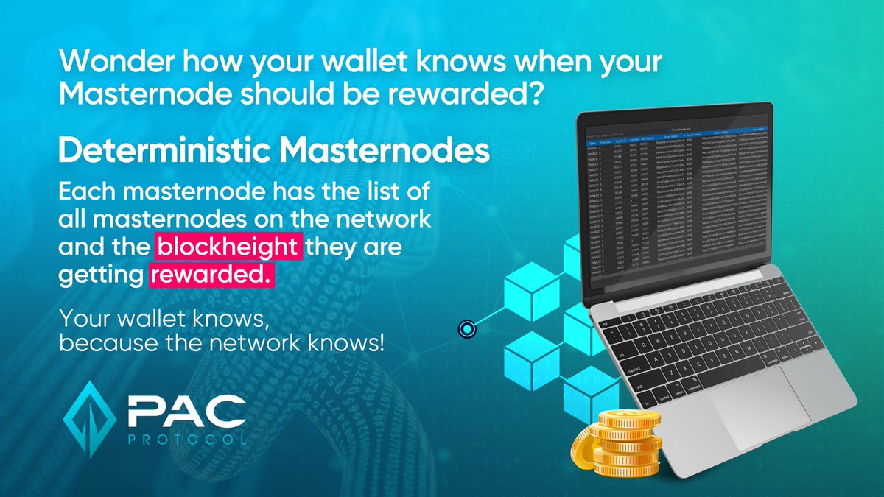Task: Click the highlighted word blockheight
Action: pos(229,248)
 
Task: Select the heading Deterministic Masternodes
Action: pos(273,151)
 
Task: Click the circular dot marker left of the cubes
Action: pos(466,329)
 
